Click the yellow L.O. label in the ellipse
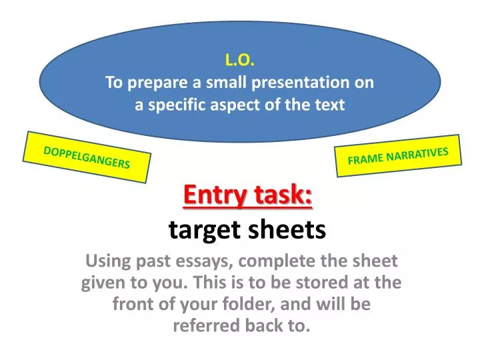(x=239, y=60)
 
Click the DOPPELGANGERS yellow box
(x=87, y=157)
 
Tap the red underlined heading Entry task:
(x=247, y=195)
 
